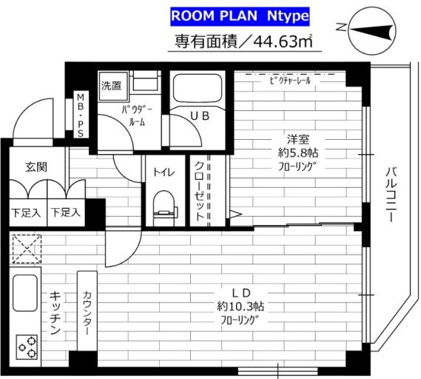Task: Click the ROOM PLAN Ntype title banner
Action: (240, 16)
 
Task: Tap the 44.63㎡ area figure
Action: (283, 41)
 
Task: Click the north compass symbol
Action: (372, 30)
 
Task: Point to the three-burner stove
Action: (27, 346)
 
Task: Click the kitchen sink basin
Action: (25, 293)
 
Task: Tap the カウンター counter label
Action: (87, 312)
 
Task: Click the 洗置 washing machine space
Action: (112, 86)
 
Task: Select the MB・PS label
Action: (81, 115)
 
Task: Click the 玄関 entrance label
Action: (36, 167)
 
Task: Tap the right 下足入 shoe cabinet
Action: (66, 212)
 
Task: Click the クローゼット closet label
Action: (199, 191)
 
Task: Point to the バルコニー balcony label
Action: (391, 195)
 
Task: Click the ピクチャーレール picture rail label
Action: (291, 80)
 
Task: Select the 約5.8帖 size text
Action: (297, 153)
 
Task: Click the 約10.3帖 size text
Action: (240, 306)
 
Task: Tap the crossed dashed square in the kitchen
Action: (27, 249)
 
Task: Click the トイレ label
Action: (164, 172)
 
